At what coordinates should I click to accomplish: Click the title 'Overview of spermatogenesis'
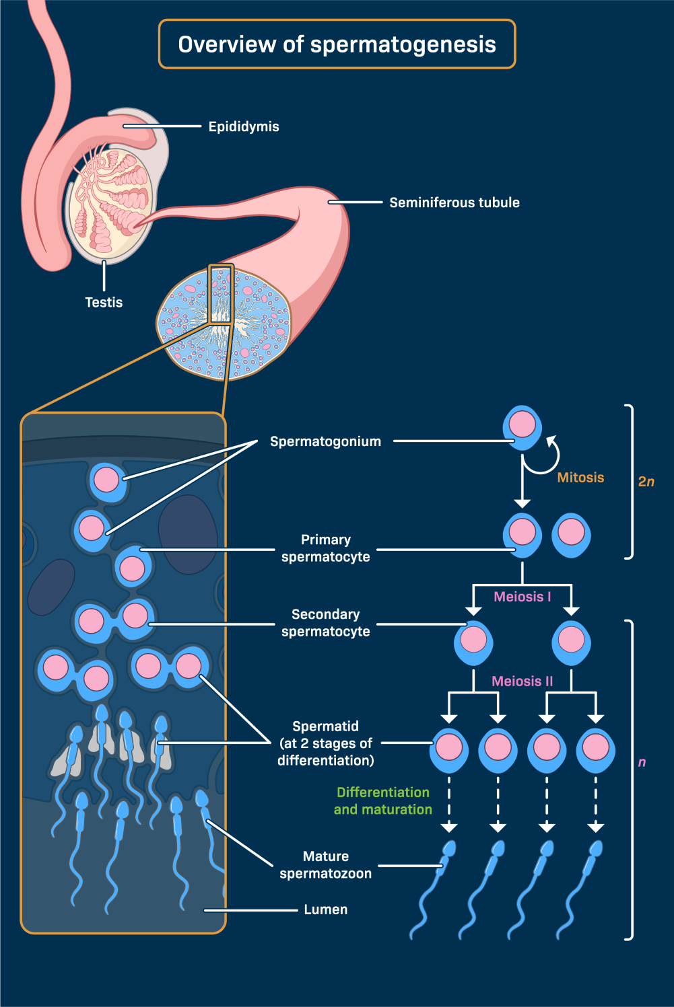[337, 44]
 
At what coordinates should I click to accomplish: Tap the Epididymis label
[244, 126]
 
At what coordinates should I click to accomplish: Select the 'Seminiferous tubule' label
[454, 202]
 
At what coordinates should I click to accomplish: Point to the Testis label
[104, 303]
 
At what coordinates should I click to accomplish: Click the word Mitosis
[580, 478]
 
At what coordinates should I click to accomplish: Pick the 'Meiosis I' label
[523, 597]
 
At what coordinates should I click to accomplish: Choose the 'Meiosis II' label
[523, 681]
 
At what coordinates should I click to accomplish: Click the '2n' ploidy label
[646, 482]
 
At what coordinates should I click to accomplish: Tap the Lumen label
[326, 909]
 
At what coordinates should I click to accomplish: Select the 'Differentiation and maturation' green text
[383, 800]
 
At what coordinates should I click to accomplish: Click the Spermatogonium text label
[325, 441]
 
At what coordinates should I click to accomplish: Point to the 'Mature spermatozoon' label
[326, 865]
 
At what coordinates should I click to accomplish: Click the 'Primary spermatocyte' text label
[326, 548]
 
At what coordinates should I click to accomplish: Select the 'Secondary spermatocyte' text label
[326, 623]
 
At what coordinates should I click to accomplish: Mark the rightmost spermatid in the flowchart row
[595, 749]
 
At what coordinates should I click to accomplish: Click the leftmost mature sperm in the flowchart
[431, 888]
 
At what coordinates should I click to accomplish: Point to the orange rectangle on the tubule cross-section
[221, 295]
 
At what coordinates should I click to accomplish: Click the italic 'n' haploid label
[642, 762]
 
